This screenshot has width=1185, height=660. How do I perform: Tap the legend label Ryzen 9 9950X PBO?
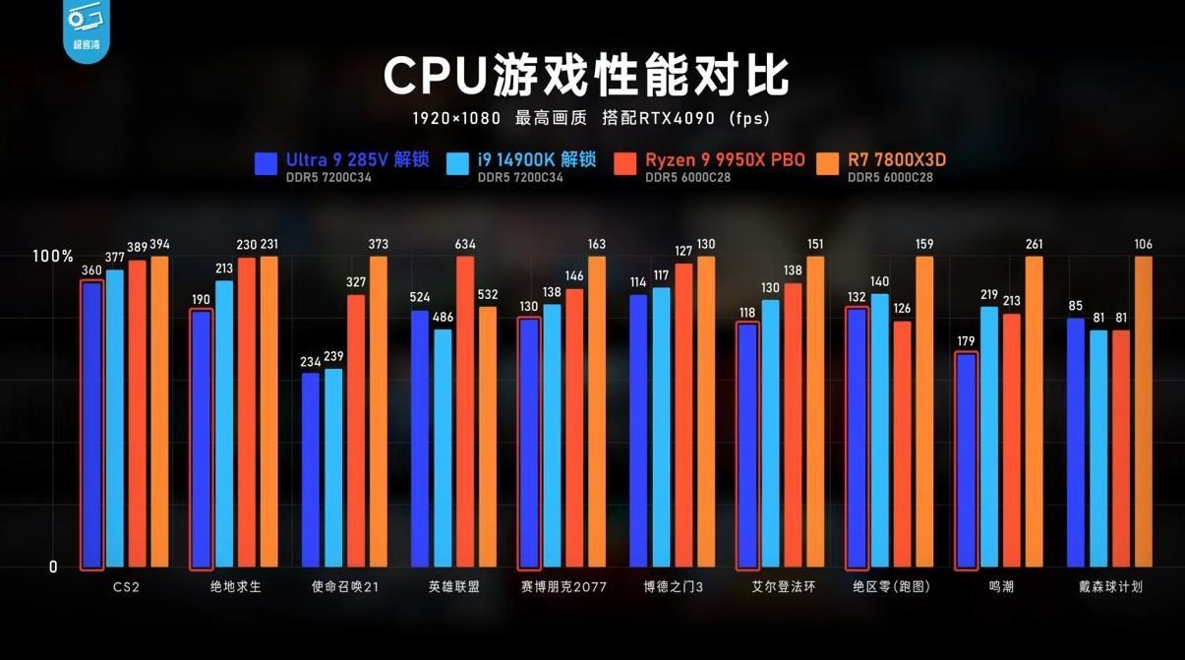725,160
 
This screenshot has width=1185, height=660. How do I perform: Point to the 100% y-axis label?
53,256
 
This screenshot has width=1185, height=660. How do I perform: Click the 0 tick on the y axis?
53,568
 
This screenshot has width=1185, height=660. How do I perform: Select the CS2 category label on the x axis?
126,587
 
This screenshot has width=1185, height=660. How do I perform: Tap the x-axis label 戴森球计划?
1110,587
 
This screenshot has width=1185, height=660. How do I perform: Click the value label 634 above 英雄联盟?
465,245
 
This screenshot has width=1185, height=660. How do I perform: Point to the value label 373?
378,245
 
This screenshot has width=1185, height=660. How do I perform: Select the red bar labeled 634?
465,413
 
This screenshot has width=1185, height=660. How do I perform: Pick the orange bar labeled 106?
1143,413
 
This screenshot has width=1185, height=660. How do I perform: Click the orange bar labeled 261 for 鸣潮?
1034,413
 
